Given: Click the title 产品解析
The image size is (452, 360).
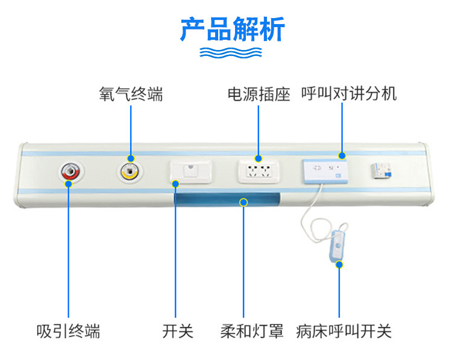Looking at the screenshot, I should coord(232,29).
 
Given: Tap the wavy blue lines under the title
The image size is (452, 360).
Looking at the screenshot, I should coord(232,52).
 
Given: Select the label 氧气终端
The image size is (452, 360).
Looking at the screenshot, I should coord(131,95).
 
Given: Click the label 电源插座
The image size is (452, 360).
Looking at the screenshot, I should coord(259,95).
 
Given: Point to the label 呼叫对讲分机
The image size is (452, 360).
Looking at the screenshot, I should coord(349,95).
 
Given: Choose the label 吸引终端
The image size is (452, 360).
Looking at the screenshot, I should coord(68,331).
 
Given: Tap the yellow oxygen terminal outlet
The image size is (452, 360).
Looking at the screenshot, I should coord(129,172).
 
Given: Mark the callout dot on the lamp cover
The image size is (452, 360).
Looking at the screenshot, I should coord(243,202).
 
